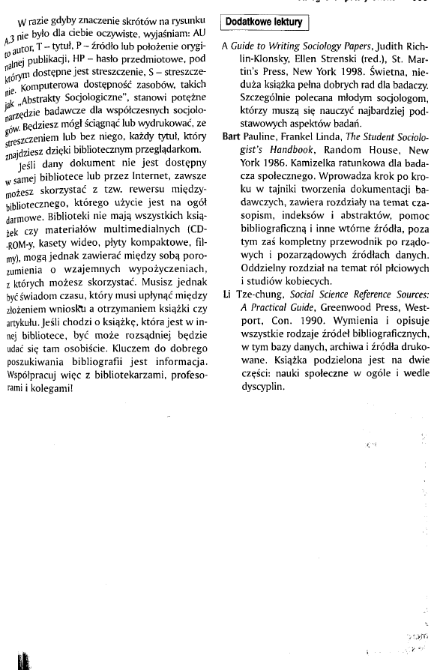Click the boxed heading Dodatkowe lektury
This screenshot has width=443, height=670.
[265, 22]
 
